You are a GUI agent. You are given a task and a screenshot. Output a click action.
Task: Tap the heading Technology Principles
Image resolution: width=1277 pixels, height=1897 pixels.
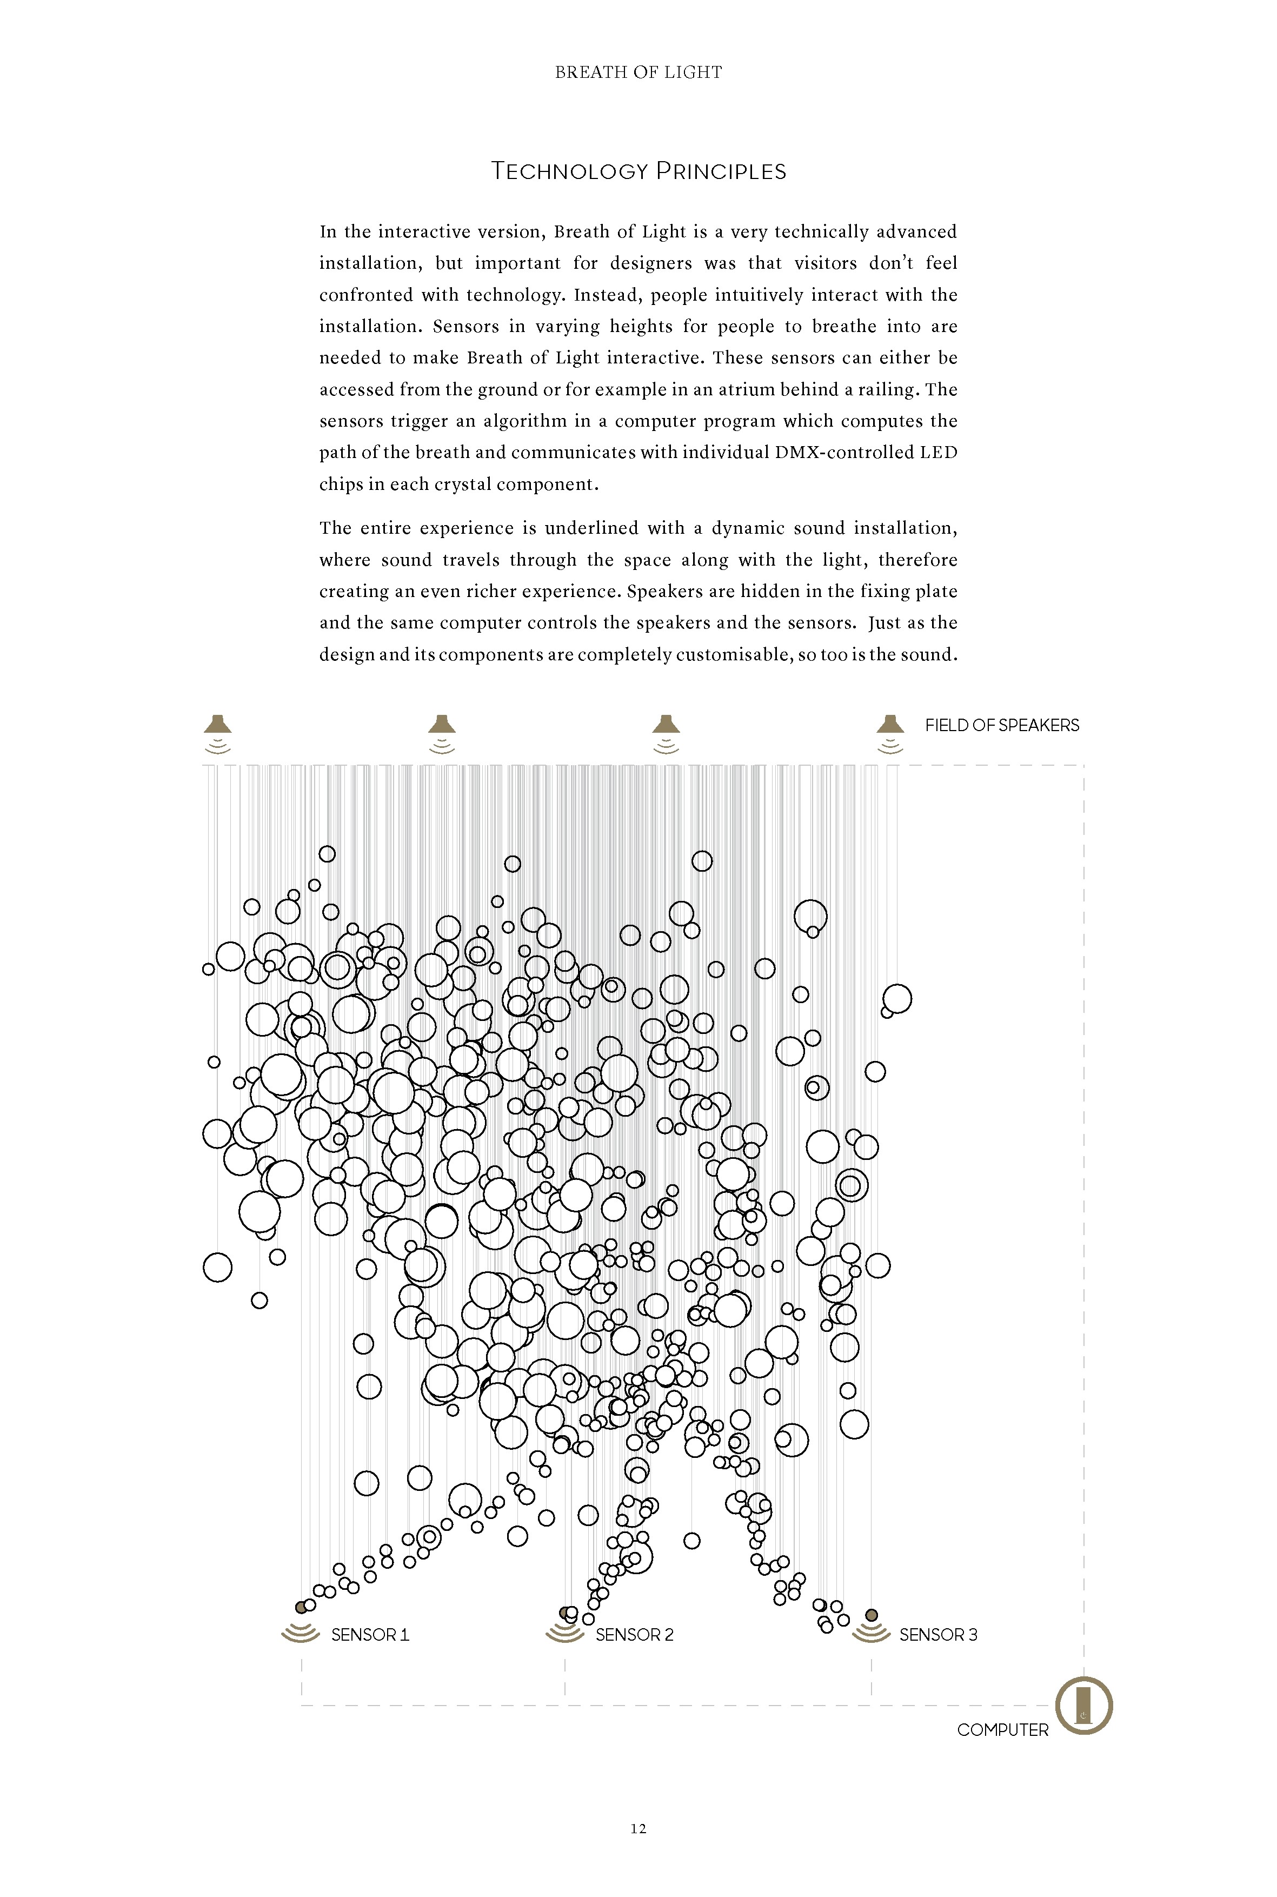click(x=638, y=171)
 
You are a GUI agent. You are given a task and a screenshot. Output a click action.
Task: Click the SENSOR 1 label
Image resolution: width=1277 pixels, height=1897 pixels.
click(x=370, y=1635)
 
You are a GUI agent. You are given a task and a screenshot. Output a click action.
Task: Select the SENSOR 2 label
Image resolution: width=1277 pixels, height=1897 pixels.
click(x=634, y=1635)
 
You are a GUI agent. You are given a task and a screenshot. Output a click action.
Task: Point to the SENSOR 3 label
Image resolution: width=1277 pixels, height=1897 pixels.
click(x=937, y=1635)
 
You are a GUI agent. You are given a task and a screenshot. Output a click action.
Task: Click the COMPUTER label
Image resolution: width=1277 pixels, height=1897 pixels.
click(x=1002, y=1730)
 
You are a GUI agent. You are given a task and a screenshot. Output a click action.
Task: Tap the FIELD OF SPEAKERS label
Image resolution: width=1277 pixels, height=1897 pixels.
click(x=1002, y=726)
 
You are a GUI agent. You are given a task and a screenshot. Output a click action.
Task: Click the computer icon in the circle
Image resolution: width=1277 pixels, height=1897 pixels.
click(x=1083, y=1705)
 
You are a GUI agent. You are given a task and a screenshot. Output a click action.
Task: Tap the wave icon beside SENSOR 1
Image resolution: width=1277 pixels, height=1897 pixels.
click(x=300, y=1632)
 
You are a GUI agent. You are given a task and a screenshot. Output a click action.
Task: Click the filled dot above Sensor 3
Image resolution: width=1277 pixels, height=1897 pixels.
click(x=872, y=1615)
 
